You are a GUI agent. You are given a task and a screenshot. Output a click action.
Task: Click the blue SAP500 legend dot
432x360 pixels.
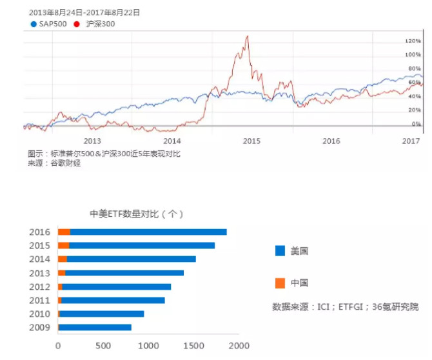pos(33,25)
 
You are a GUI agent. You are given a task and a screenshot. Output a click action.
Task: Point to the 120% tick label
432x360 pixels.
pos(413,41)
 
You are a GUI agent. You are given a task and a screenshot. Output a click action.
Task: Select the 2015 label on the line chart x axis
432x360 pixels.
pos(251,140)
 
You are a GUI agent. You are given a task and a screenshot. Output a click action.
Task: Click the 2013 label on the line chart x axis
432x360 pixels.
pos(93,140)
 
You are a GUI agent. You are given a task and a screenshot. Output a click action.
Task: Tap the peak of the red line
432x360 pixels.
pos(247,37)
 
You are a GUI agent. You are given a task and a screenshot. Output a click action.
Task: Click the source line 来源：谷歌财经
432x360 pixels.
pos(55,163)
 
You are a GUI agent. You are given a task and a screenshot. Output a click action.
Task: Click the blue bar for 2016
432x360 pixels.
pos(148,232)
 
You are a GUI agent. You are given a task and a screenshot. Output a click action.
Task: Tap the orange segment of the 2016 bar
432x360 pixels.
pos(64,232)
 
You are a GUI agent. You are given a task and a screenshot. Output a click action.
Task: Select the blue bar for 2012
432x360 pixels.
pos(116,286)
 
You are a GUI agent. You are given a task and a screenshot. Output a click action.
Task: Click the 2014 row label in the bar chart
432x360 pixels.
pos(39,259)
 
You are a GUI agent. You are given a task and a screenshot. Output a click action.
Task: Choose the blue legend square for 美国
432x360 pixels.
pos(279,250)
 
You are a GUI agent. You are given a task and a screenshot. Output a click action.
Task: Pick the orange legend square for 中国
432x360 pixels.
pos(279,283)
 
